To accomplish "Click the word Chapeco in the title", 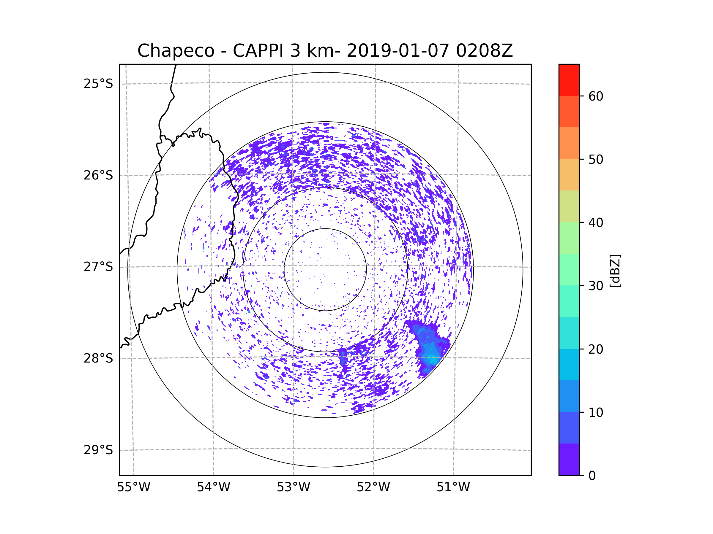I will coord(176,51).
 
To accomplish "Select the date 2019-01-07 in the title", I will coord(397,51).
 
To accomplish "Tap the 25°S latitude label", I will coord(98,84).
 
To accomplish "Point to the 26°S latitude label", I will coord(98,175).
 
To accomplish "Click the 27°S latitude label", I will coord(98,267).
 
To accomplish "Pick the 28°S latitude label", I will coord(98,358).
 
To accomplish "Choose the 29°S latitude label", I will coord(98,450).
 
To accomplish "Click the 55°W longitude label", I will coord(133,487).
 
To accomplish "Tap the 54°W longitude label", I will coord(213,487).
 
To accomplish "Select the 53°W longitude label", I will coord(293,487).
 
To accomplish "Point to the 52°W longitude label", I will coord(373,487).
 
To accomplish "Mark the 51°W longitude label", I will coord(453,487).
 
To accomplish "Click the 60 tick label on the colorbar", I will coord(596,96).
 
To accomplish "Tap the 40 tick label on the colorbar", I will coord(596,223).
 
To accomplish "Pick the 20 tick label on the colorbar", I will coord(596,349).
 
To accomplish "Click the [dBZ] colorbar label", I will coord(615,271).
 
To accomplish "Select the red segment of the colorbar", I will coord(569,80).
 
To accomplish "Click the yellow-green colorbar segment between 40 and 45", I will coord(569,206).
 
